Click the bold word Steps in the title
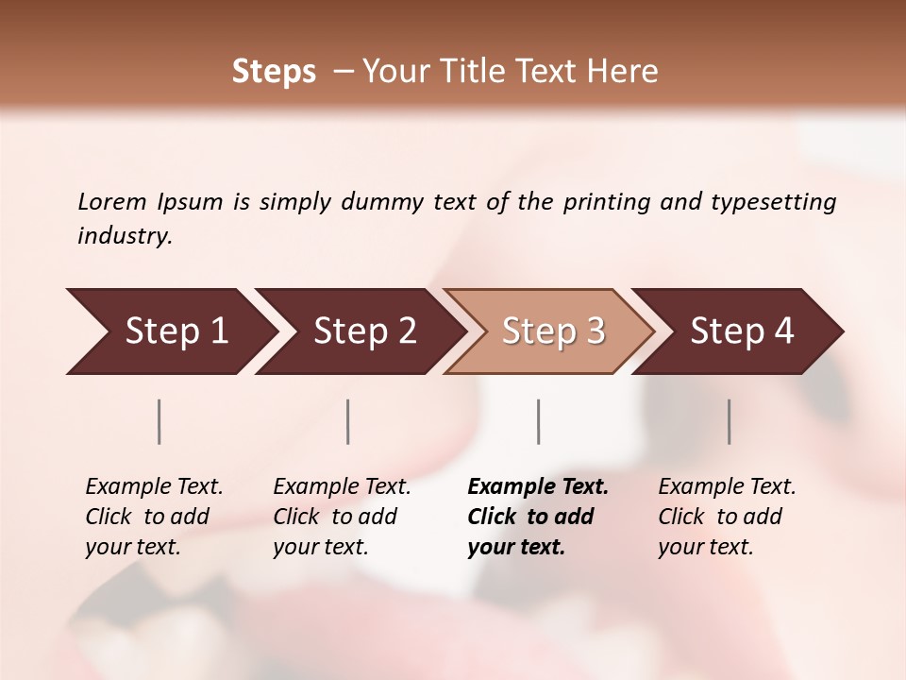click(274, 72)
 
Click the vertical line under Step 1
click(159, 421)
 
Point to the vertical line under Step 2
click(348, 421)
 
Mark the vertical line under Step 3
click(538, 421)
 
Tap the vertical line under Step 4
click(729, 421)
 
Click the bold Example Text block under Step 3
click(538, 517)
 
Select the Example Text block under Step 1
click(154, 517)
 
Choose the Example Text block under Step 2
click(342, 517)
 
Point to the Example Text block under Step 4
click(727, 517)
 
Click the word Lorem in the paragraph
click(111, 201)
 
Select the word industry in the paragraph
click(124, 236)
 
